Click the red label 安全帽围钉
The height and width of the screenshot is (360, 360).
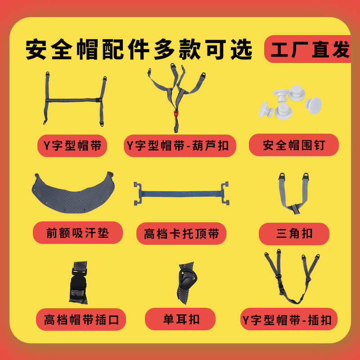(x=293, y=145)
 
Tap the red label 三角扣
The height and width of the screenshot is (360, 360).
(x=294, y=234)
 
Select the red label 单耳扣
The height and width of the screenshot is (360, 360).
(x=180, y=319)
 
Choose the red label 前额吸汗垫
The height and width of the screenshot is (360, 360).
(x=77, y=232)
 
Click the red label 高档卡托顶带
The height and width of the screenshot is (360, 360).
(x=181, y=234)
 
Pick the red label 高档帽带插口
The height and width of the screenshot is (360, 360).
(x=81, y=320)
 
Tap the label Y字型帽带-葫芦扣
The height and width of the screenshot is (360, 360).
(x=180, y=145)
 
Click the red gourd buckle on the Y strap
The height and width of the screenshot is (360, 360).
(x=175, y=113)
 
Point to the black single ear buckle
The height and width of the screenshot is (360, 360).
(x=186, y=282)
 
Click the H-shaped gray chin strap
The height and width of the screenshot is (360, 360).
(x=74, y=99)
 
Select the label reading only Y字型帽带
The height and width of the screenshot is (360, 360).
(x=72, y=145)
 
